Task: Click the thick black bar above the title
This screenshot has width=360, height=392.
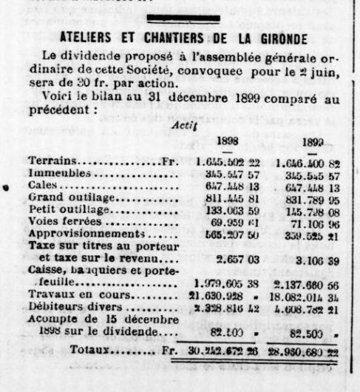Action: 183,18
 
